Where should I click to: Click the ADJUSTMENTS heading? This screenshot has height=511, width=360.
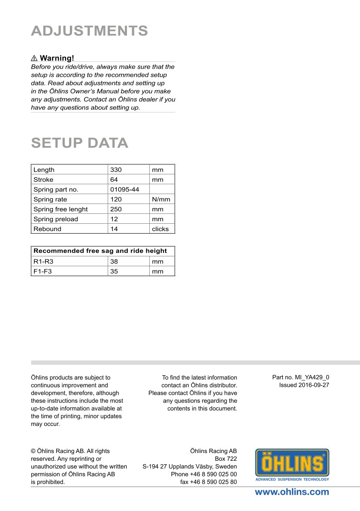point(89,31)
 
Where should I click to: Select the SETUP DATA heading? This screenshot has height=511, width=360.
point(79,143)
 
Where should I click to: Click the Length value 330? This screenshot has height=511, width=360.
point(116,170)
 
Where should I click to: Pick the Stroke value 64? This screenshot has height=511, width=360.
point(114,179)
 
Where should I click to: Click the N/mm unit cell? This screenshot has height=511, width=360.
point(161,199)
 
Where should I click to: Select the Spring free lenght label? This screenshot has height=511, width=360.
point(61,209)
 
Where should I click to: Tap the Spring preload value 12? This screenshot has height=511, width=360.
point(114,219)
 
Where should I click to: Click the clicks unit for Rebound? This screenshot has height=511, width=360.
point(160,229)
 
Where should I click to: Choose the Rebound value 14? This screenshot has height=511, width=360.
point(114,229)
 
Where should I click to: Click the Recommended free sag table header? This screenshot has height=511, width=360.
point(100,251)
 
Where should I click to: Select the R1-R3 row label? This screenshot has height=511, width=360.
point(43,261)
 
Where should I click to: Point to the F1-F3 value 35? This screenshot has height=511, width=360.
point(114,271)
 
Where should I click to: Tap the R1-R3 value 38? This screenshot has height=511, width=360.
point(114,261)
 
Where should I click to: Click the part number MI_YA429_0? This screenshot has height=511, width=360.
point(300,377)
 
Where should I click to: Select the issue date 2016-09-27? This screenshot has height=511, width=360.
point(304,385)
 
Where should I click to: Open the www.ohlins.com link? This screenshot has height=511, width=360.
point(292,492)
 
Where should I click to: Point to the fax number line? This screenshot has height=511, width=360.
point(208,482)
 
